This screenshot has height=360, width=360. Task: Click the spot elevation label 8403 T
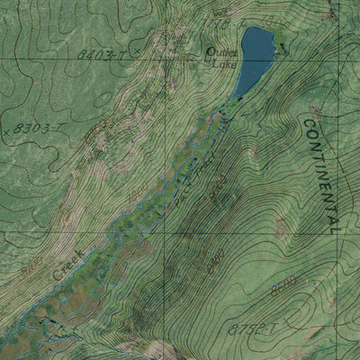pos(99,55)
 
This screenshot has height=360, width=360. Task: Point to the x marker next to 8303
pos(6,131)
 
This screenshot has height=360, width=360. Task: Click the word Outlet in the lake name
pos(221,52)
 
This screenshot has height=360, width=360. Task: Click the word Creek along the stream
pos(66,265)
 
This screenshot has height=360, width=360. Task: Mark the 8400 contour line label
pos(217,190)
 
